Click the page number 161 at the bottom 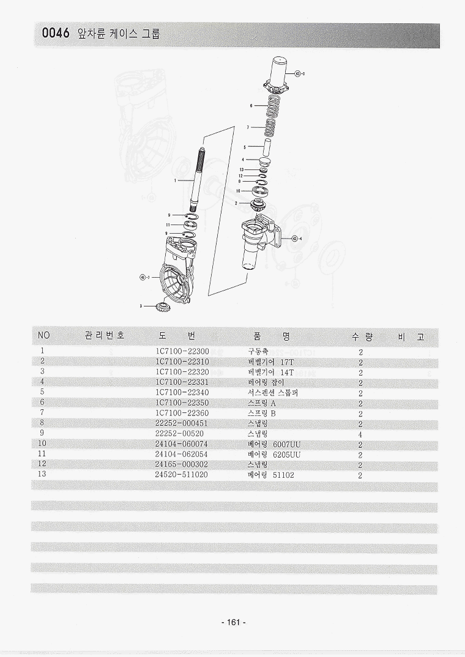(232, 623)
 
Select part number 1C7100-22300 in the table (182, 351)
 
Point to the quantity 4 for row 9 (360, 434)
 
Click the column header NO (43, 336)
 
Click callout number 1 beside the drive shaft (175, 180)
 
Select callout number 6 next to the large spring (251, 105)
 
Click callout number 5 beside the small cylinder (244, 147)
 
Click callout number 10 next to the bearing (239, 191)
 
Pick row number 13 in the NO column (42, 475)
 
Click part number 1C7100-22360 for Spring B (182, 413)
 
